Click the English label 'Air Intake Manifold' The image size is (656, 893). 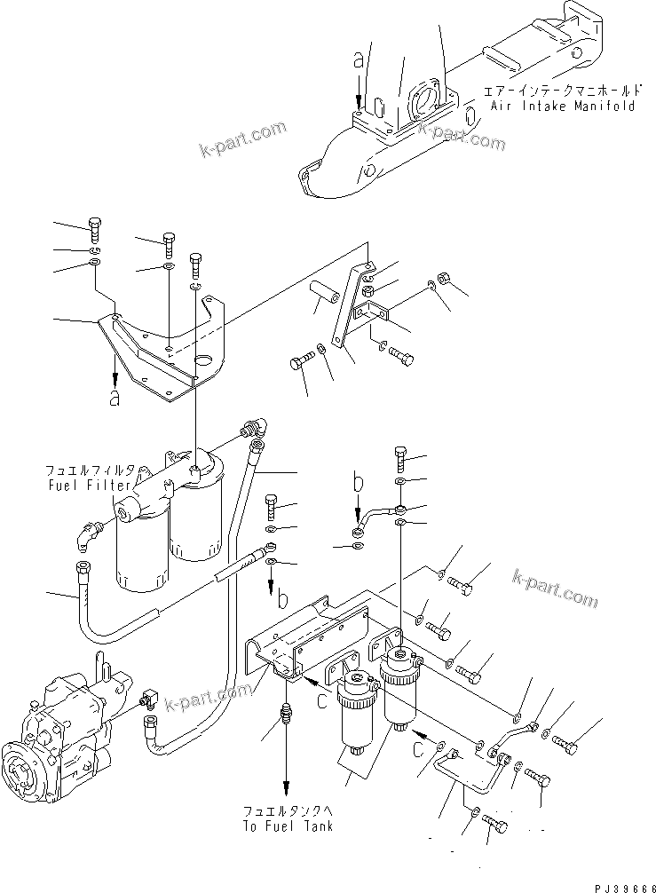click(563, 106)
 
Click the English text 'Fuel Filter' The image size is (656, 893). click(88, 486)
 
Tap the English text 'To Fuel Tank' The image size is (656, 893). click(288, 826)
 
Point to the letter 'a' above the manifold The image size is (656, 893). click(358, 60)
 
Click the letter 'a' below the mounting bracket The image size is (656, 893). click(114, 398)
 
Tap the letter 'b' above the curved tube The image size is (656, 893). click(359, 485)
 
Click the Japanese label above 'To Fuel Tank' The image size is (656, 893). click(288, 811)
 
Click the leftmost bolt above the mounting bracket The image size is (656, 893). click(95, 228)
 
